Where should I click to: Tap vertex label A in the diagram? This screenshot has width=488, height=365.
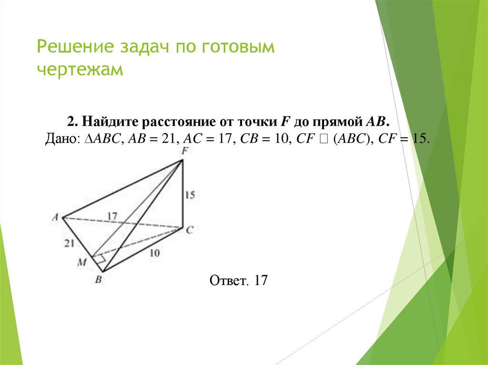point(56,217)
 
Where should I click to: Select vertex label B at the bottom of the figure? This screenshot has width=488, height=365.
point(98,280)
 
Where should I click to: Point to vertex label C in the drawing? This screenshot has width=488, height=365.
point(189,230)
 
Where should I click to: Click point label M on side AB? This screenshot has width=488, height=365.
point(82,262)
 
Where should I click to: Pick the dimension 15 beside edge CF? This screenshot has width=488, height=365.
point(190,195)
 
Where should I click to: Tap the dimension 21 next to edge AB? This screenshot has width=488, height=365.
point(70,243)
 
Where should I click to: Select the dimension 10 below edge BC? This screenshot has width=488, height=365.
point(154,253)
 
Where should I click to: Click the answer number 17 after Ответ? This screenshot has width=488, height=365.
point(262,280)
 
